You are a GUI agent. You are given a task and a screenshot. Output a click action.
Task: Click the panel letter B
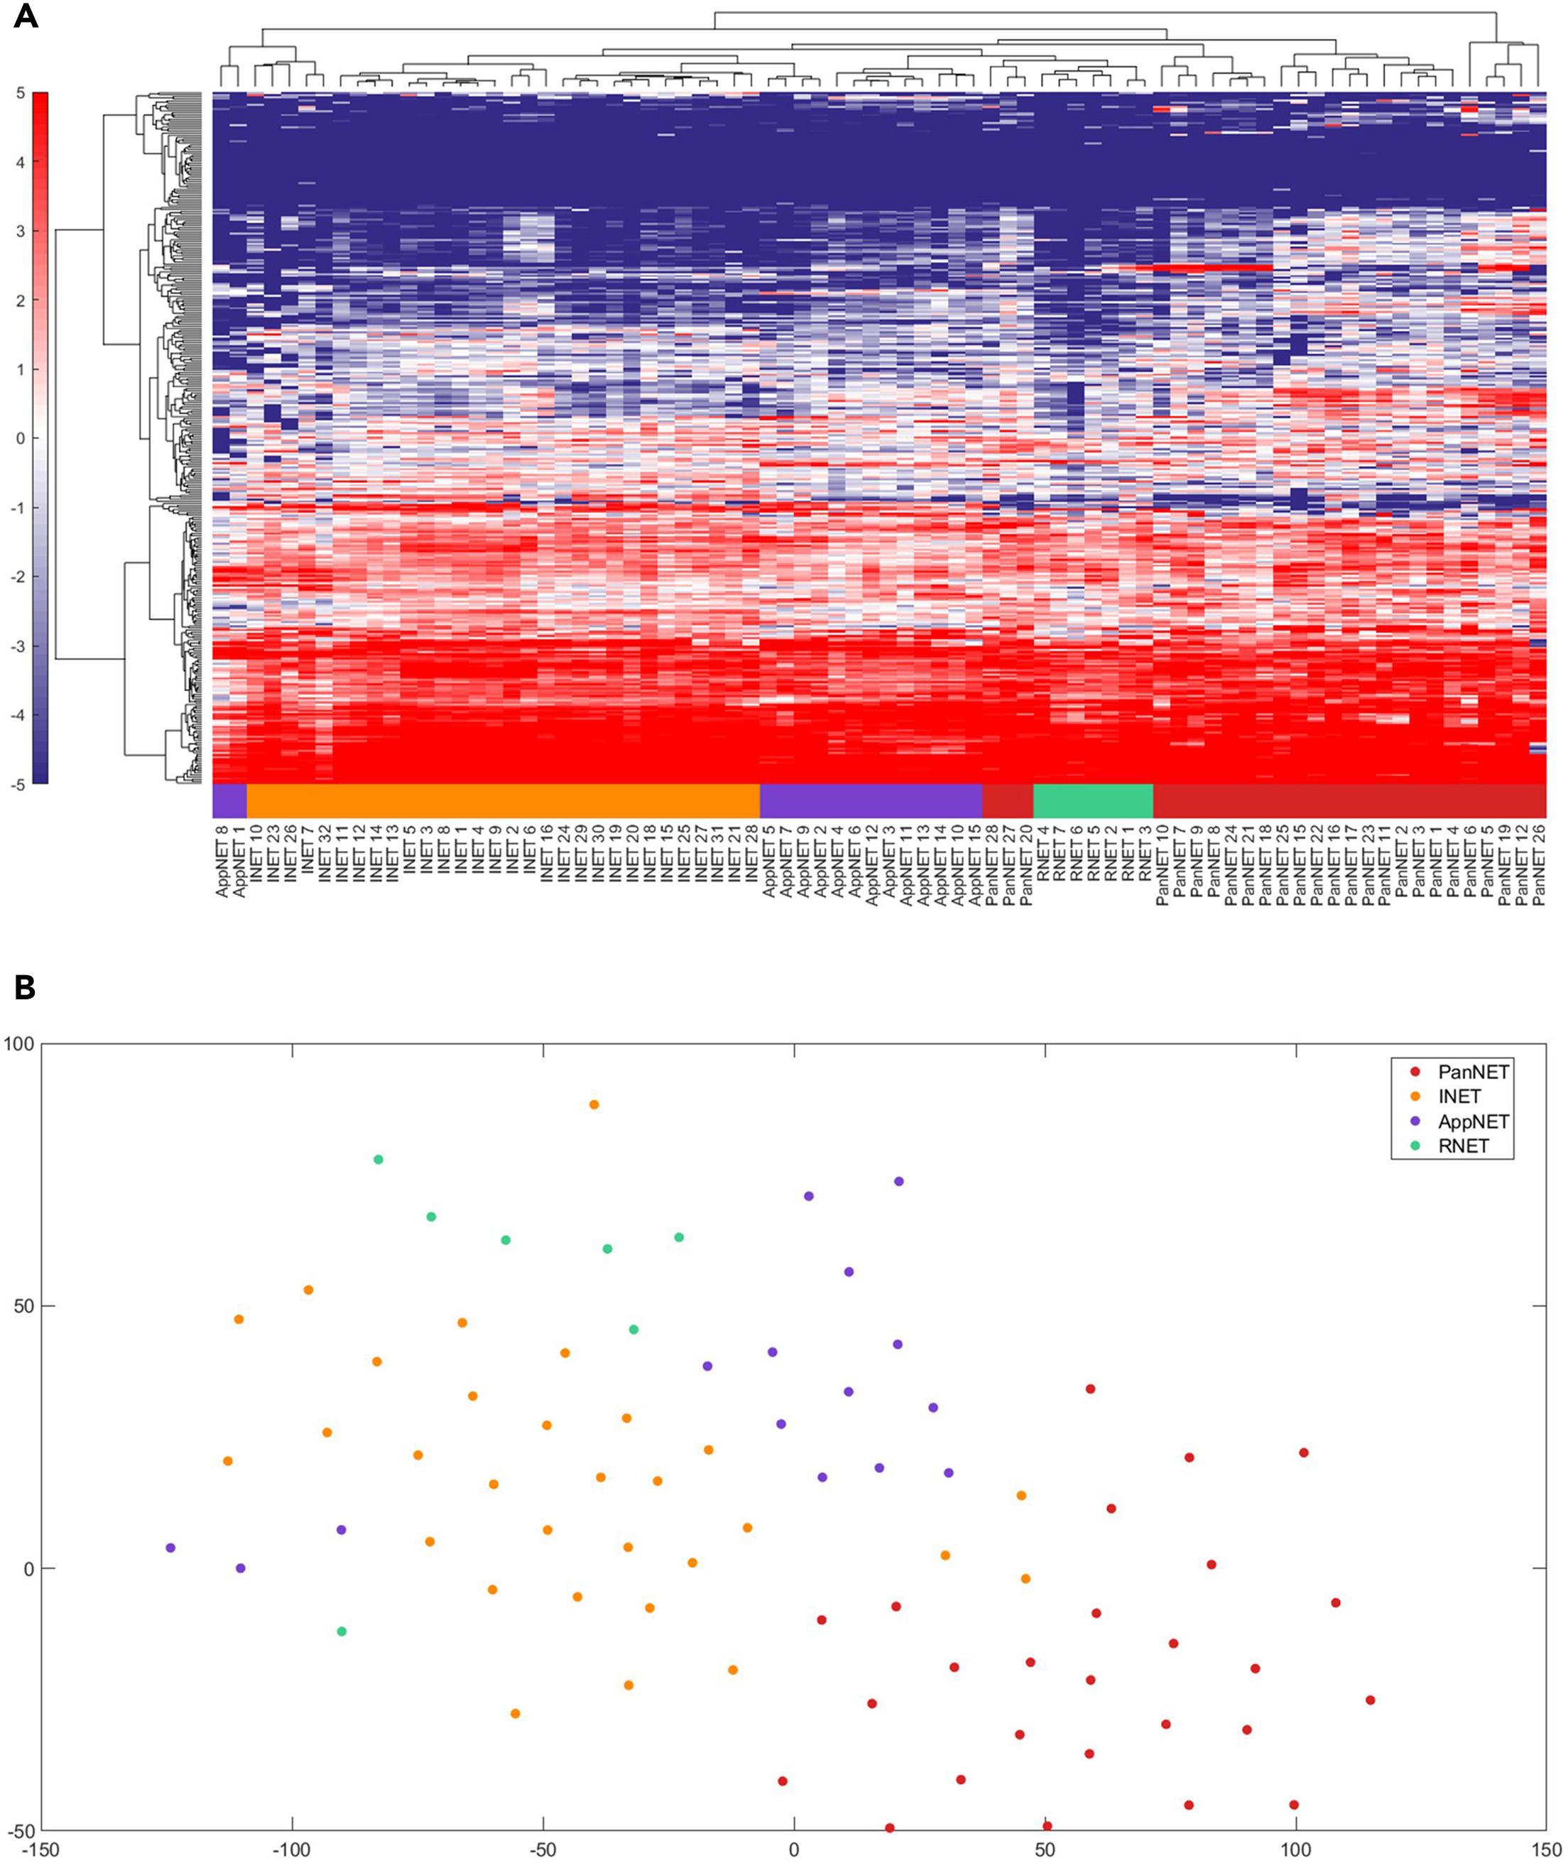[24, 987]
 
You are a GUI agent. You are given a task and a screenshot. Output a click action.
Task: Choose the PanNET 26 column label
[1539, 863]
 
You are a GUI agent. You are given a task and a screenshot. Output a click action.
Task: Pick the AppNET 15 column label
[974, 863]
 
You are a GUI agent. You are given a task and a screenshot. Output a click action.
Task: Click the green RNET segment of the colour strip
[1092, 801]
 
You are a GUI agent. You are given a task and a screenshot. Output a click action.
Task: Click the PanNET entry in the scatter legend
[1472, 1072]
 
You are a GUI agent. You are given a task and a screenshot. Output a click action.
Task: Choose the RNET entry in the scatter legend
[1462, 1146]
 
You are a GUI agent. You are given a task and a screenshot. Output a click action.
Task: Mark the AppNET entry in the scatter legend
[1473, 1121]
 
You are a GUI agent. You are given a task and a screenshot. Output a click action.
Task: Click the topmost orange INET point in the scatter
[594, 1105]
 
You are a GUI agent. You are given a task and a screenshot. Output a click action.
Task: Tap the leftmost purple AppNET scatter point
[170, 1548]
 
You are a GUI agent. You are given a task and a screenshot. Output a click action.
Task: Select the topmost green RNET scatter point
[379, 1160]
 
